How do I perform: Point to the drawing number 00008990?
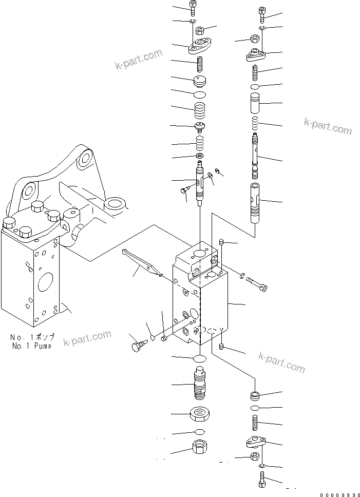tap(337, 494)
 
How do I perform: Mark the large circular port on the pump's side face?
tap(45, 283)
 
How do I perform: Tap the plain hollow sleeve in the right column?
tap(255, 104)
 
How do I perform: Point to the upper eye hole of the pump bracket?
tap(84, 160)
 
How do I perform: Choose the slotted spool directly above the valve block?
tap(200, 182)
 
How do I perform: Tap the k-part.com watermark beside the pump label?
tap(87, 338)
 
